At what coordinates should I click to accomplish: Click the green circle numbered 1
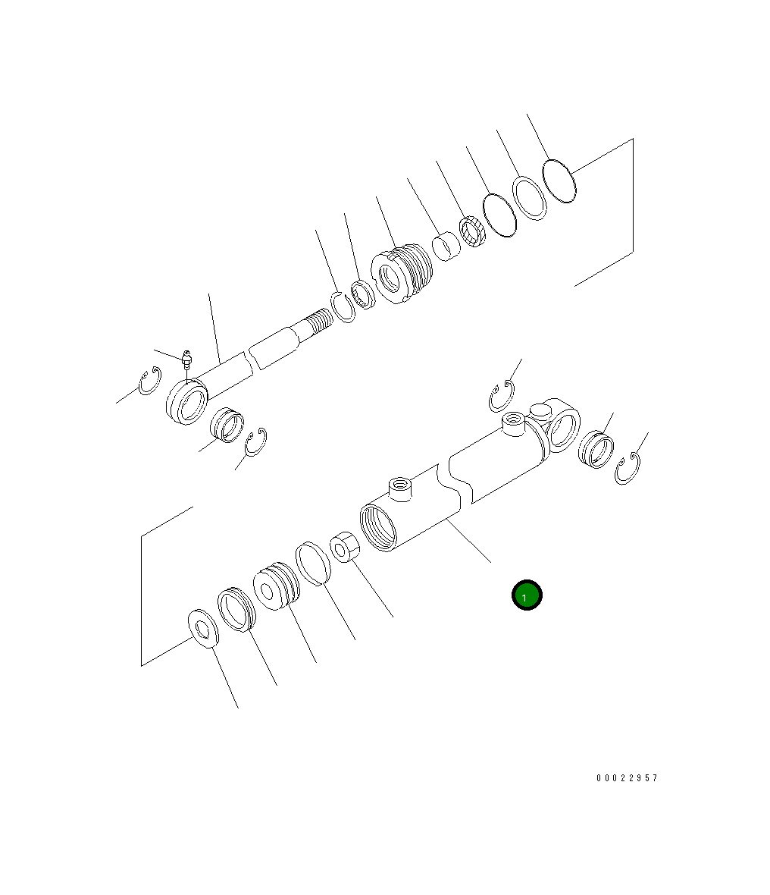(526, 595)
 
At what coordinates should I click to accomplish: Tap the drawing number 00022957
(627, 778)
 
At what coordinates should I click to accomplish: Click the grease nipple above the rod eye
(186, 359)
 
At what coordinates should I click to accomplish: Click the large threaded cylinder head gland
(402, 273)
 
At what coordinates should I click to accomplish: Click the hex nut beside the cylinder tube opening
(345, 547)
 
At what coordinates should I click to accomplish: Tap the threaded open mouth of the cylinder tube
(378, 527)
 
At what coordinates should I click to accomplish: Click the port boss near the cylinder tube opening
(400, 489)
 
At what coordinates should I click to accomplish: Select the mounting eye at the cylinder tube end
(560, 425)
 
